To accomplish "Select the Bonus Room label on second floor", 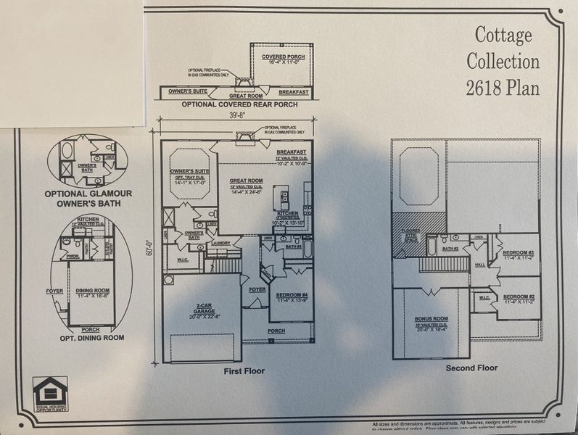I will [431, 320].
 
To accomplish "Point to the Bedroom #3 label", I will [518, 254].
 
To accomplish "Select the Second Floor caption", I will [471, 368].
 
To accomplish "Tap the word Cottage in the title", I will [503, 34].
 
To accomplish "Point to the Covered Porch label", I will [283, 58].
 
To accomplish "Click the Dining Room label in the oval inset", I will [91, 291].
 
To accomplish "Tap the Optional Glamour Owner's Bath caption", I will [88, 198].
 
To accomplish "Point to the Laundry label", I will [222, 244].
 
